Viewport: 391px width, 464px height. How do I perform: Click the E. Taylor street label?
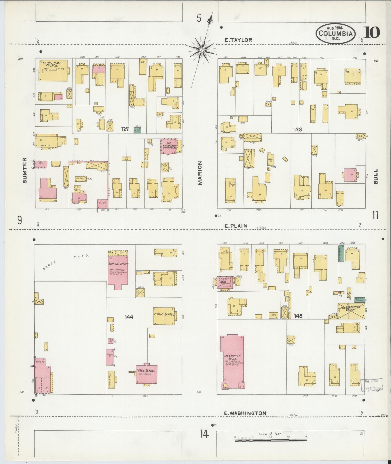[x=238, y=40]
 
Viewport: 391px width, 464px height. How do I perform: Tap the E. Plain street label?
[x=236, y=226]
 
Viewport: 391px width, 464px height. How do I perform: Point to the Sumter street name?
[x=25, y=170]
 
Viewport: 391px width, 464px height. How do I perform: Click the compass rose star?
[x=202, y=50]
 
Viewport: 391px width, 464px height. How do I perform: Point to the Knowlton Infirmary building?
[x=170, y=146]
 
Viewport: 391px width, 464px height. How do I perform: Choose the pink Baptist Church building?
[x=118, y=269]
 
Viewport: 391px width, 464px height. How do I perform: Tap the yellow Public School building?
[x=164, y=316]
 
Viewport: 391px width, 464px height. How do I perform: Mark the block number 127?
[x=125, y=129]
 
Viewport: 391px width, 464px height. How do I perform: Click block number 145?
[x=298, y=316]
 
